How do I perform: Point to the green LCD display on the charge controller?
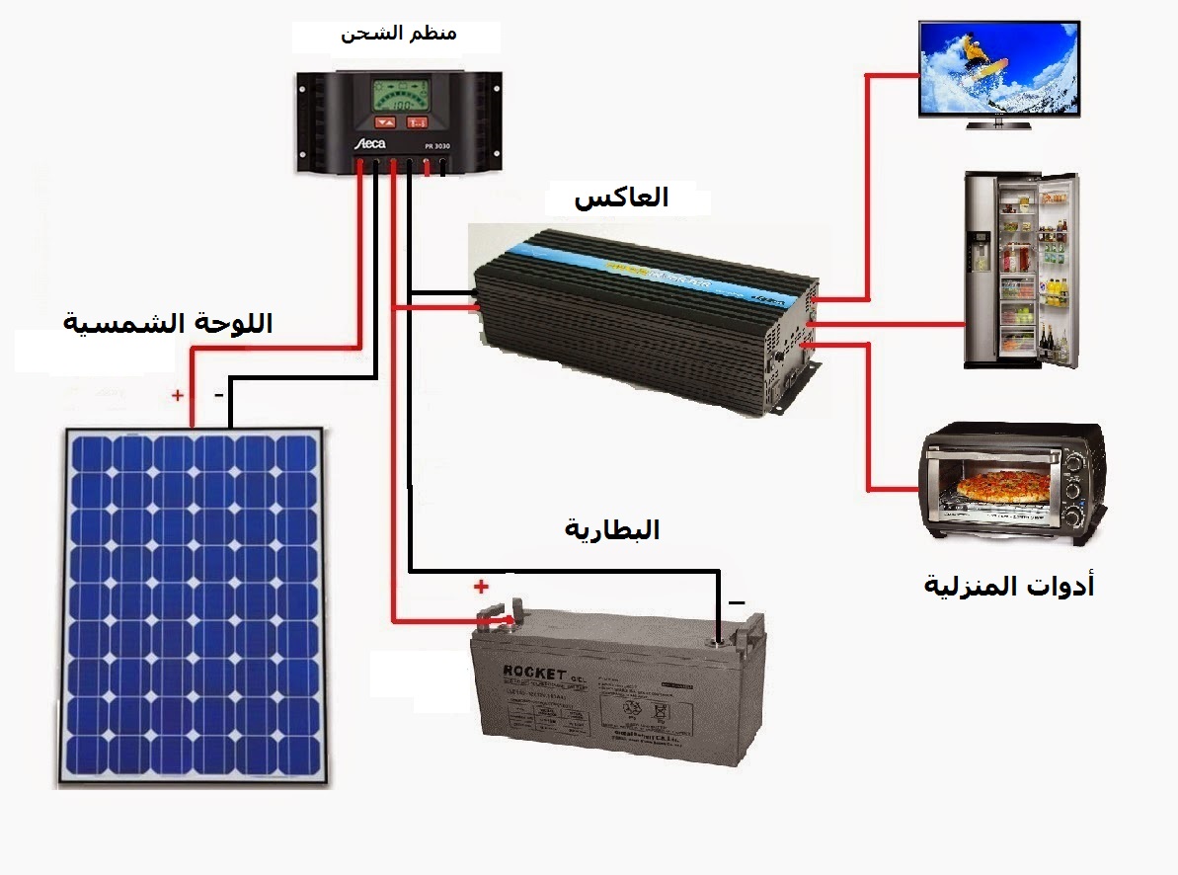pyautogui.click(x=400, y=96)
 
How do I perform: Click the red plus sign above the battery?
pyautogui.click(x=481, y=587)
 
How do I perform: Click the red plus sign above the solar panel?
pyautogui.click(x=178, y=396)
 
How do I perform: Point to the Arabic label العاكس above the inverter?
pyautogui.click(x=621, y=198)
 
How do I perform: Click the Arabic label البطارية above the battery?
pyautogui.click(x=612, y=530)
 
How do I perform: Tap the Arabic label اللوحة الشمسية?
pyautogui.click(x=168, y=322)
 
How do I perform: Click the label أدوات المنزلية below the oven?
pyautogui.click(x=1009, y=586)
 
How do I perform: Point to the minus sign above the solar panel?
pyautogui.click(x=219, y=395)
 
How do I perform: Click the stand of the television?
pyautogui.click(x=997, y=124)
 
